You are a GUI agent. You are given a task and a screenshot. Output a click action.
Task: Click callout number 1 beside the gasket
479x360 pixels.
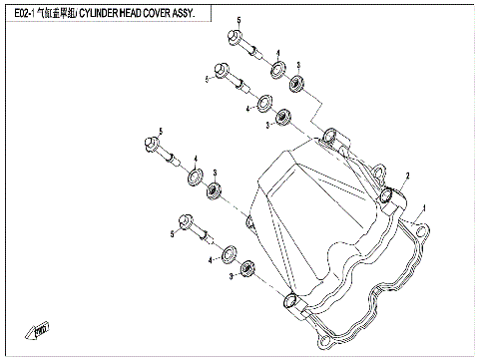coord(424,208)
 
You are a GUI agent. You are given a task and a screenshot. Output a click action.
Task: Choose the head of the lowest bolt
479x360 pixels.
coord(186,221)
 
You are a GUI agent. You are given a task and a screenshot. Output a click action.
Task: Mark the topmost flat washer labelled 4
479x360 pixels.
coord(277,72)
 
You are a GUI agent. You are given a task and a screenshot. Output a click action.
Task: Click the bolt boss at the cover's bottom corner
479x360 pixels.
coord(290,301)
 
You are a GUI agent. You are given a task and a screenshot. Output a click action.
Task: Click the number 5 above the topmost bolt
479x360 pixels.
coord(239,21)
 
